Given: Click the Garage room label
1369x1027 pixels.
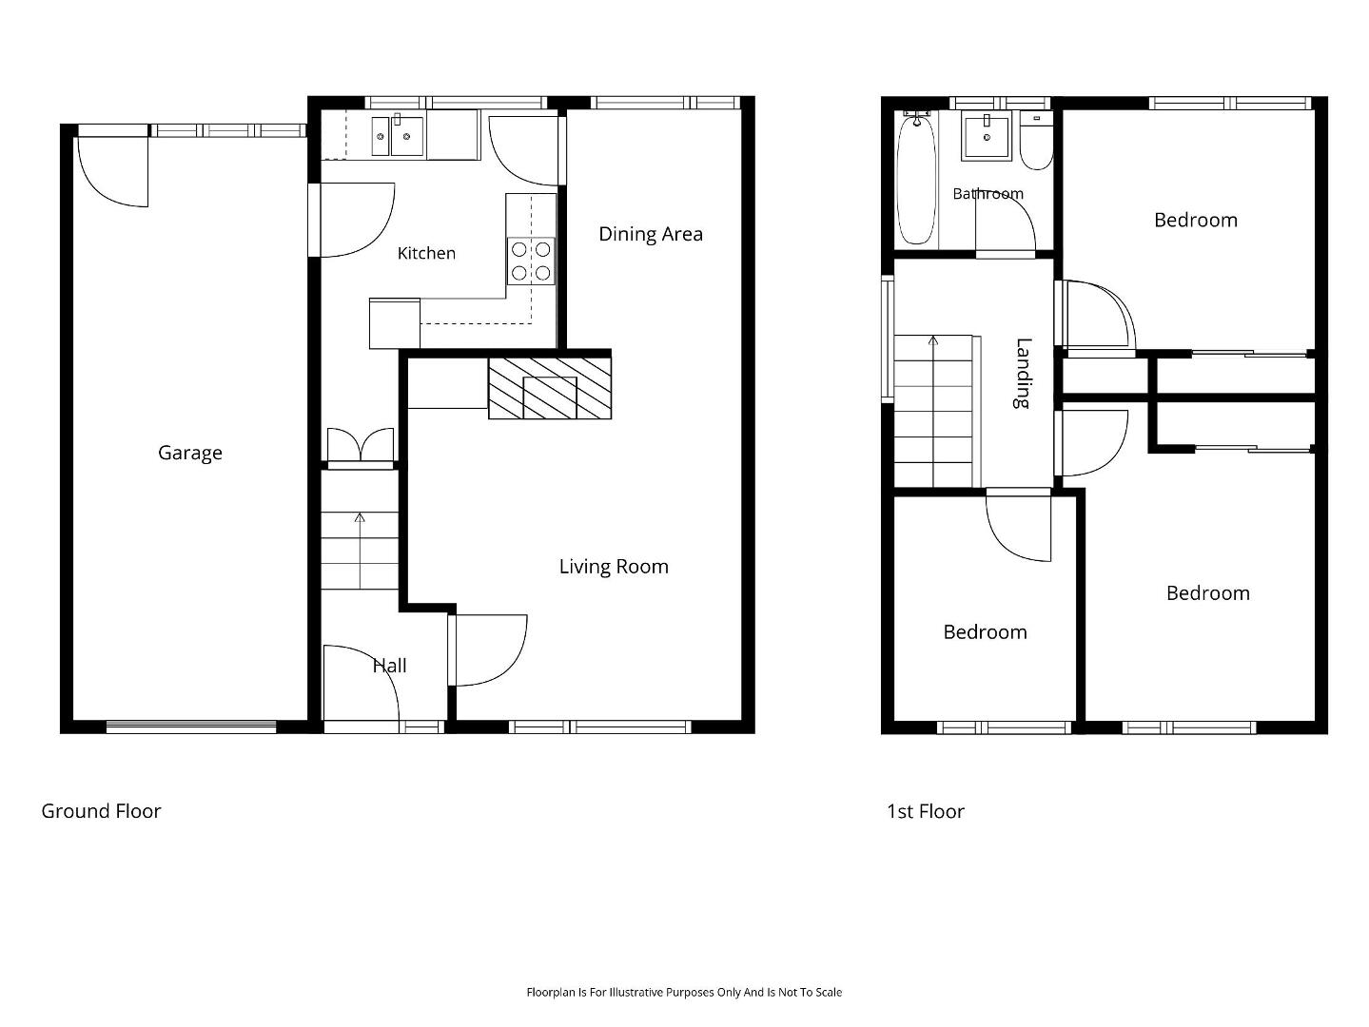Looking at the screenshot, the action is click(189, 453).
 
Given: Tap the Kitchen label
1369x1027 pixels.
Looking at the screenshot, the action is click(426, 253).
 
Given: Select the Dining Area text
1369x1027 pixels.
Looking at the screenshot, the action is click(651, 234).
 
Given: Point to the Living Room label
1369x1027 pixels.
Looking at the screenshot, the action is click(614, 567).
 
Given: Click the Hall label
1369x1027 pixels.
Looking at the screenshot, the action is click(389, 666).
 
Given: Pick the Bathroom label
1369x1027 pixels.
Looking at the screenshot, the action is click(988, 194).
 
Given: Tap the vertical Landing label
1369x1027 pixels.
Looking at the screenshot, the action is click(1023, 374).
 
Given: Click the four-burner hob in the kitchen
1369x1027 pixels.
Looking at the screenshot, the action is click(531, 262).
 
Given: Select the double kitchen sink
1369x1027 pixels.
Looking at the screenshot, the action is click(398, 135).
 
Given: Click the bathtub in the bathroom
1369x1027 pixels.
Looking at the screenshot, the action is click(916, 180).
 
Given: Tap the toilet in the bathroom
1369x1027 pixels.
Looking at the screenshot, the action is click(1037, 141).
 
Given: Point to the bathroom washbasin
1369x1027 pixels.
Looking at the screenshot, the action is click(987, 136).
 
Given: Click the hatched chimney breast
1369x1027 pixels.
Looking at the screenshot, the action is click(550, 388).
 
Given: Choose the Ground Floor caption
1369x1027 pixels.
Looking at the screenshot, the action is click(101, 811).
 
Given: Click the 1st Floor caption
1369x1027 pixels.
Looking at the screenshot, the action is click(926, 811).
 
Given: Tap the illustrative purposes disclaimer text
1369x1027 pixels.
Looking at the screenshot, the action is click(684, 992).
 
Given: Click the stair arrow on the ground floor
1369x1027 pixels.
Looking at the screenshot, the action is click(360, 551).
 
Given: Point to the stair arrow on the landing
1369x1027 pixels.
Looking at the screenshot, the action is click(933, 412).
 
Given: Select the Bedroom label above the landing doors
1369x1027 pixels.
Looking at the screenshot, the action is click(1196, 220).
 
